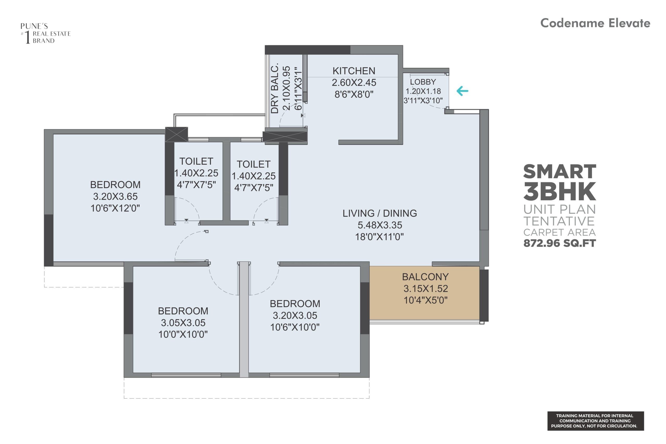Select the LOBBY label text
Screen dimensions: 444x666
[x=423, y=82]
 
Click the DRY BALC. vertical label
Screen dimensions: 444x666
[x=275, y=88]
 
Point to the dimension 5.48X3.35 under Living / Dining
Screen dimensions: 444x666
[x=380, y=225]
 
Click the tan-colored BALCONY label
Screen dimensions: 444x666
[x=425, y=277]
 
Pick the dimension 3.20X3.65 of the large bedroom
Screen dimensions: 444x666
[x=115, y=197]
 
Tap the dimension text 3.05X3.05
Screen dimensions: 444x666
[x=183, y=323]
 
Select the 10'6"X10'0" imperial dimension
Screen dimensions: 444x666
[x=294, y=327]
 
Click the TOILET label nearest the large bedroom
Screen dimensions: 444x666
[x=196, y=162]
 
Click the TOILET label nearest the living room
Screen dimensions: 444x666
[x=253, y=164]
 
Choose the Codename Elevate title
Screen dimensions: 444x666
[x=595, y=23]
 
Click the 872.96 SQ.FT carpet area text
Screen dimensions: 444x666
[x=560, y=243]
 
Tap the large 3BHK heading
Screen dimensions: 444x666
[x=560, y=192]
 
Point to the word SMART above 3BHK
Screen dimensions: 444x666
[x=560, y=172]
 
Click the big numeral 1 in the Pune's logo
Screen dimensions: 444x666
[x=28, y=37]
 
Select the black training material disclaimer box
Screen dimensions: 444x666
[x=595, y=421]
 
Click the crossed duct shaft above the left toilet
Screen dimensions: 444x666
[x=176, y=134]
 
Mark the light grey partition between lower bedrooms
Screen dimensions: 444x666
[x=244, y=320]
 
